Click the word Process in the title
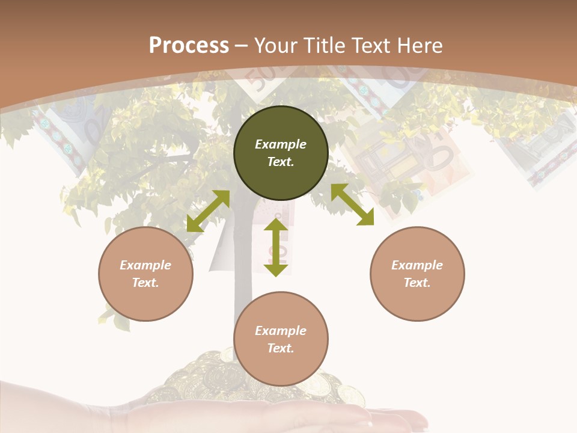(x=189, y=46)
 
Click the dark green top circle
(x=281, y=153)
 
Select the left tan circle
(x=145, y=274)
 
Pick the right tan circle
(x=417, y=274)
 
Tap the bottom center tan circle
(x=281, y=339)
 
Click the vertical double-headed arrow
(x=276, y=247)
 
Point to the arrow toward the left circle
(x=209, y=211)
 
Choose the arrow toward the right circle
(x=353, y=204)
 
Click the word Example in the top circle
(x=281, y=144)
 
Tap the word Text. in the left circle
(x=145, y=283)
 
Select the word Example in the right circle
(x=417, y=265)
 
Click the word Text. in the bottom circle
(x=281, y=348)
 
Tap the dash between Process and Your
(x=241, y=47)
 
